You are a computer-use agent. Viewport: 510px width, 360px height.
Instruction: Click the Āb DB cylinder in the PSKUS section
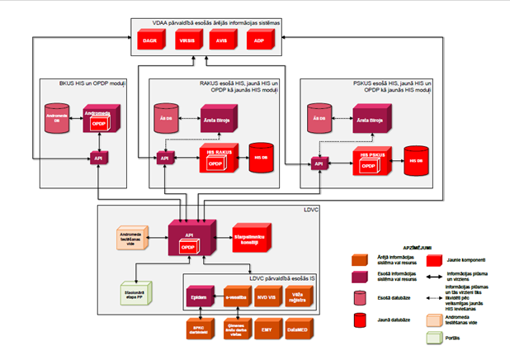point(316,119)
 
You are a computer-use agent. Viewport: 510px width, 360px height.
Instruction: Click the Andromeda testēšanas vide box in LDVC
point(130,240)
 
